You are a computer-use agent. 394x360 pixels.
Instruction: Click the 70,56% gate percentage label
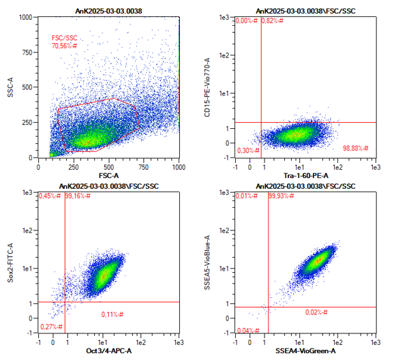tap(64, 46)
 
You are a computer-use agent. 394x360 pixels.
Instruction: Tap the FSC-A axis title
tap(108, 175)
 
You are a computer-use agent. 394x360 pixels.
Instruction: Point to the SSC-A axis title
tap(10, 87)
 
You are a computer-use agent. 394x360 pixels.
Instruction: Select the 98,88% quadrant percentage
tap(356, 149)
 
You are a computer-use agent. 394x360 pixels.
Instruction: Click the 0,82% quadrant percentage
tap(273, 20)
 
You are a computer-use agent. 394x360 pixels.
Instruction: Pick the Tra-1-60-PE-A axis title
tap(306, 175)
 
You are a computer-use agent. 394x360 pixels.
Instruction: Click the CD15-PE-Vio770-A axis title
tap(207, 87)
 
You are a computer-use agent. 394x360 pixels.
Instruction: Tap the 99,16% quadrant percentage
tap(78, 196)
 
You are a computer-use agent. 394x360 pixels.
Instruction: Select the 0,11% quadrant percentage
tap(112, 314)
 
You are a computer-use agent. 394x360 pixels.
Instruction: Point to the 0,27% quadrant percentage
tap(51, 327)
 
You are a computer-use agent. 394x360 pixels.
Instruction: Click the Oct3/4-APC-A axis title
tap(108, 350)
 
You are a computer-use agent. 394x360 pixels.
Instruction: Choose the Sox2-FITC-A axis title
tap(10, 262)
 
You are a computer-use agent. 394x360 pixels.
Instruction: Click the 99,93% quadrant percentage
tap(281, 196)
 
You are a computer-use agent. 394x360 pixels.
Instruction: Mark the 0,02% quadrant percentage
tap(316, 312)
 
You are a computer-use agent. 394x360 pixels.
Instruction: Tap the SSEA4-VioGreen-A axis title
tap(305, 350)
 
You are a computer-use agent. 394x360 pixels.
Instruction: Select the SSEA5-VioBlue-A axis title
tap(207, 262)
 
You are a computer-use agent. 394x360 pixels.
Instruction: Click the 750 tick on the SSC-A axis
tap(27, 52)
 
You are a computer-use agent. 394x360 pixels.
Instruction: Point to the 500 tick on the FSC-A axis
tap(108, 167)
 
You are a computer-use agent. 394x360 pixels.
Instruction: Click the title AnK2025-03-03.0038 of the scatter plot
tap(108, 11)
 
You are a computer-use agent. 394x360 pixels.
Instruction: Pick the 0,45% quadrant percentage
tap(50, 196)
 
